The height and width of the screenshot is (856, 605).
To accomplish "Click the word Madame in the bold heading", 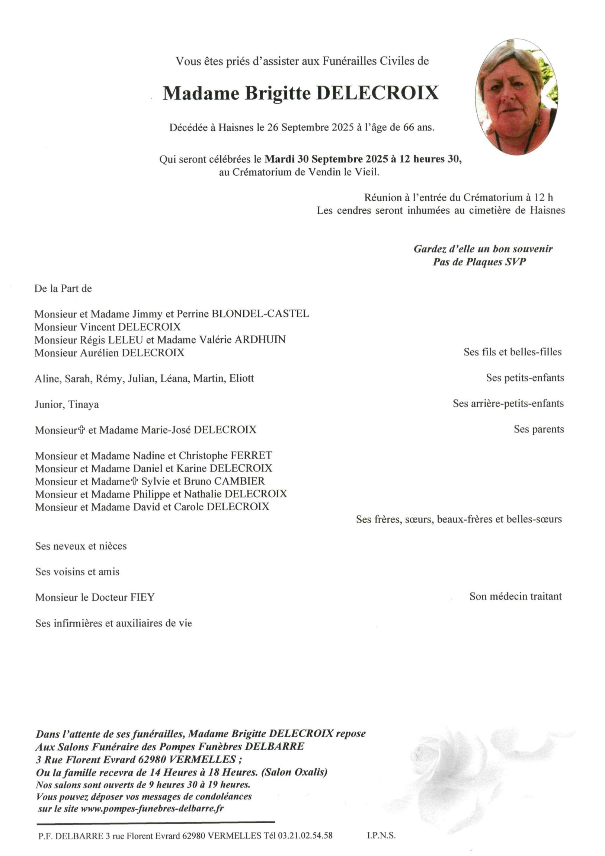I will (x=201, y=93).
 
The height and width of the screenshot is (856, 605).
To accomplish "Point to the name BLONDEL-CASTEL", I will (x=260, y=313).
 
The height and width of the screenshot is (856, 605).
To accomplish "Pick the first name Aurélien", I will (x=99, y=352).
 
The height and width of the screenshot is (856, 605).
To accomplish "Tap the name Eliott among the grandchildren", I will (x=241, y=379).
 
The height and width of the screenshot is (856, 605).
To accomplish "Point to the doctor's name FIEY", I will (x=142, y=597).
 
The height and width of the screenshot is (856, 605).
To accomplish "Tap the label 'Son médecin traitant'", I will (x=515, y=597).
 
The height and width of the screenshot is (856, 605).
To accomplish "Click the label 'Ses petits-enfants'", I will (x=525, y=378).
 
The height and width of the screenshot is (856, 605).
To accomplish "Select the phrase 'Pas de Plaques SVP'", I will (x=479, y=262).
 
